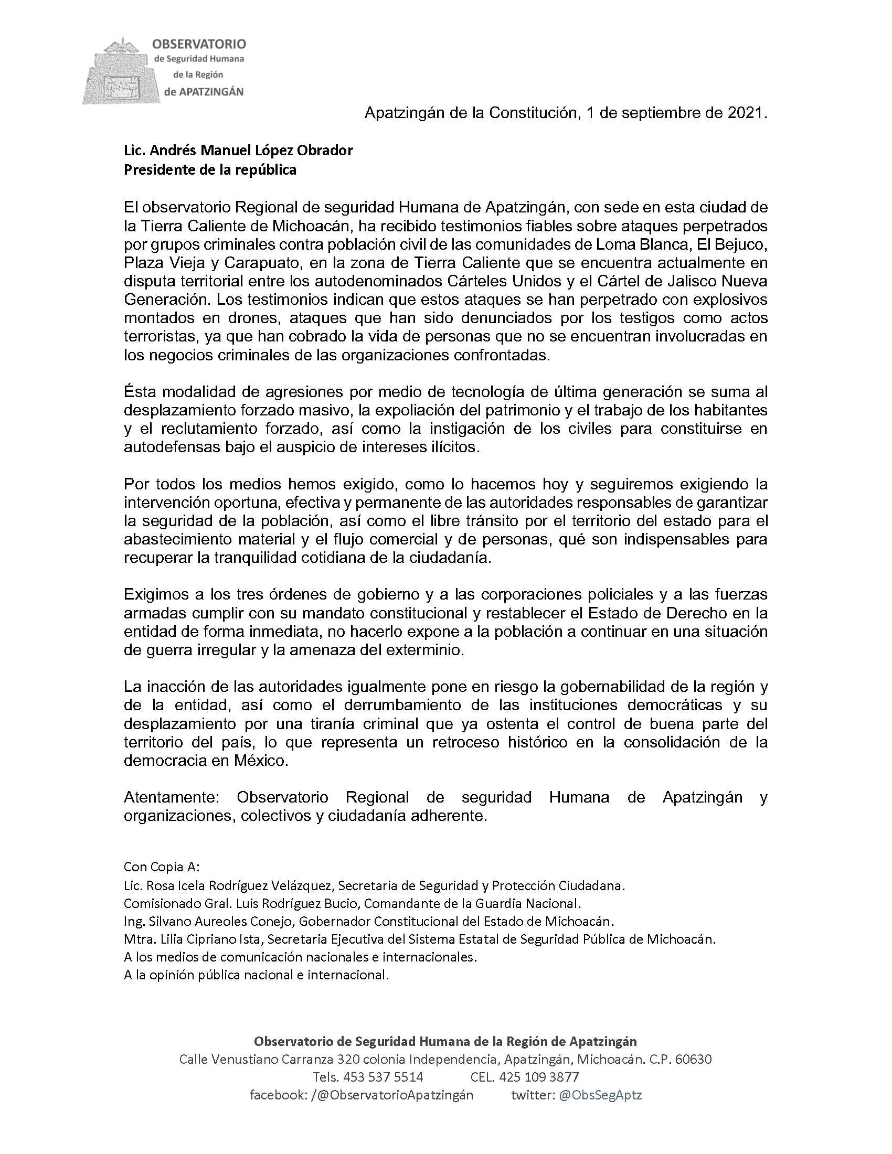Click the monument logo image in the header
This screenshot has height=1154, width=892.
point(122,71)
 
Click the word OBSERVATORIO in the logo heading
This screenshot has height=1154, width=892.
point(199,44)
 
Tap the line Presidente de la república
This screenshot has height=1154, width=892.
point(210,170)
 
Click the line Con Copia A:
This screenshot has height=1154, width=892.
point(162,867)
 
